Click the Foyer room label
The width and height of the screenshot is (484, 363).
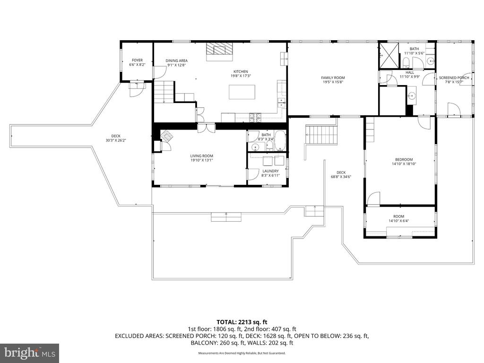click(x=137, y=60)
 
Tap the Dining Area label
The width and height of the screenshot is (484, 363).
click(x=176, y=61)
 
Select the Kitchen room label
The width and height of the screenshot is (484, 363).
click(x=240, y=71)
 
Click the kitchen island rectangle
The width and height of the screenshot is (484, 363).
click(x=242, y=92)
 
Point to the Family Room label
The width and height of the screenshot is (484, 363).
click(x=333, y=78)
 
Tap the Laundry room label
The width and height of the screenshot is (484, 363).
click(x=271, y=171)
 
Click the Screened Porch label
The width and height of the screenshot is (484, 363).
click(x=454, y=78)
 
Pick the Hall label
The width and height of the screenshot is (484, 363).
click(x=409, y=72)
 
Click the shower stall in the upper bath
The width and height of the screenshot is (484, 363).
click(x=389, y=56)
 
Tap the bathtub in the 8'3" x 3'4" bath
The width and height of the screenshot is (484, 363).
click(x=279, y=140)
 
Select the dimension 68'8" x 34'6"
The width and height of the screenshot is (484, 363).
click(x=341, y=177)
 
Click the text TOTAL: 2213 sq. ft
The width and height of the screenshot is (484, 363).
click(x=242, y=322)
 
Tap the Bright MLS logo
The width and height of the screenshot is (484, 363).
click(x=29, y=353)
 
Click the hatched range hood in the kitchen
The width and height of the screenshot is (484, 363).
click(x=219, y=49)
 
